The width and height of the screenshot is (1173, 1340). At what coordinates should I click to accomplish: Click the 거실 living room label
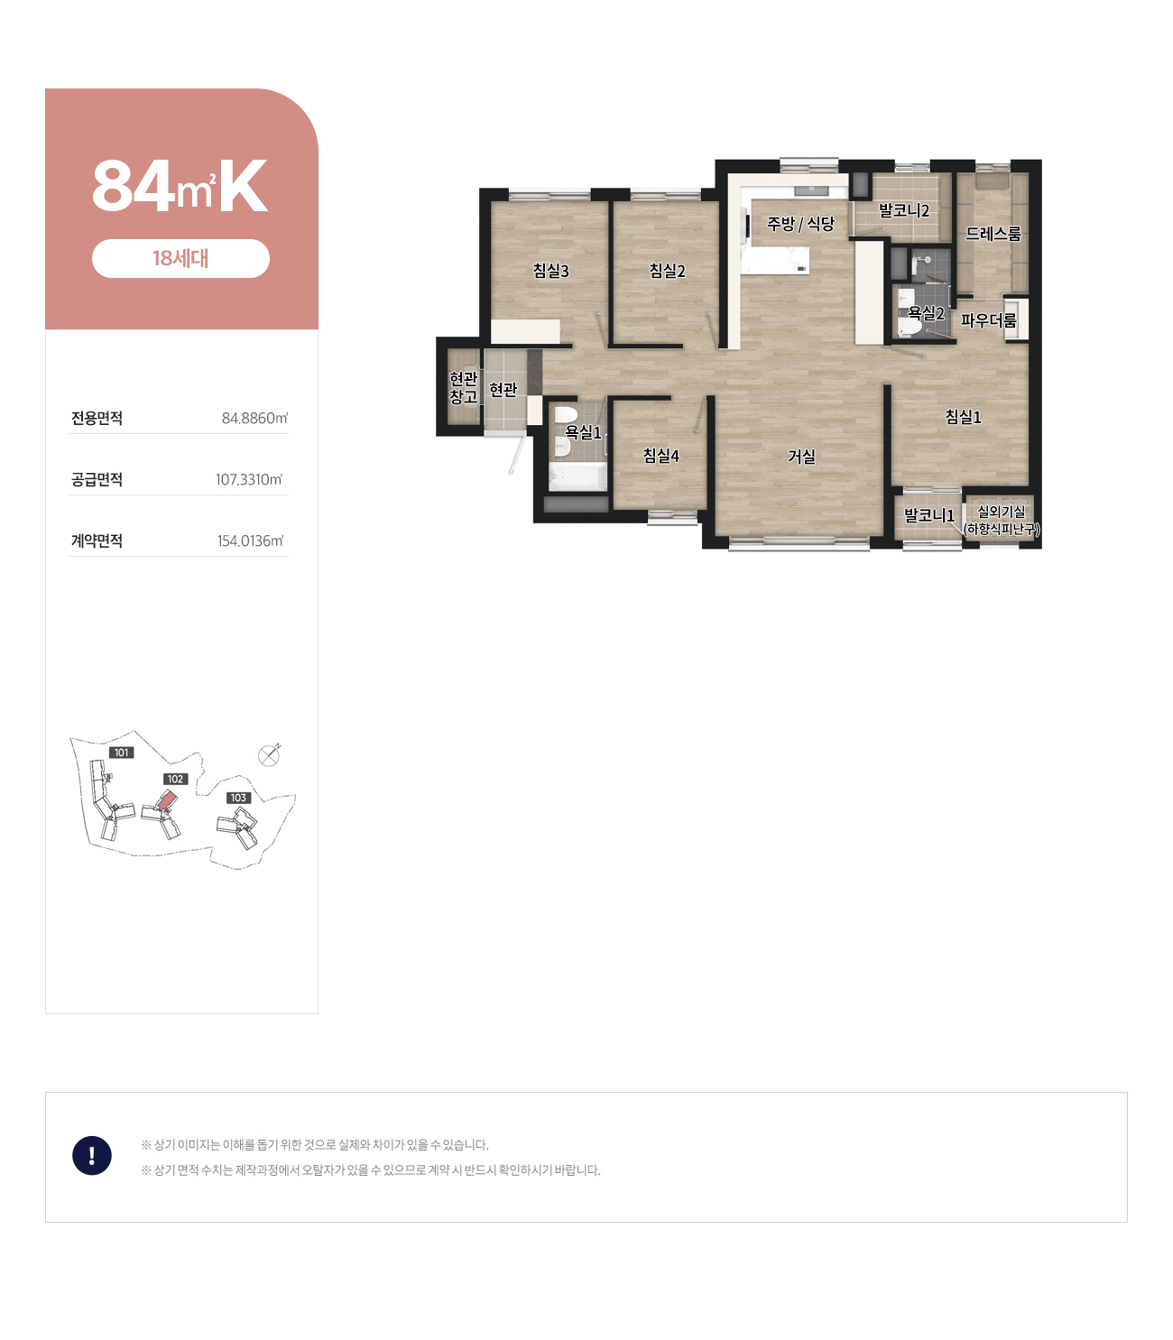pyautogui.click(x=801, y=457)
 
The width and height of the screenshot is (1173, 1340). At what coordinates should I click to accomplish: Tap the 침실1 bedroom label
pyautogui.click(x=963, y=417)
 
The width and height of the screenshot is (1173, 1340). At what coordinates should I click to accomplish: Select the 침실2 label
pyautogui.click(x=667, y=271)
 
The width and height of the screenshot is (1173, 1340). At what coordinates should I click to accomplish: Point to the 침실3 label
pyautogui.click(x=550, y=271)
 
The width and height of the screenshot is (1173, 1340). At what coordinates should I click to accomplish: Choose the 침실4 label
pyautogui.click(x=660, y=455)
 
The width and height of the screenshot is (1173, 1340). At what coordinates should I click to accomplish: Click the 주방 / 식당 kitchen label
pyautogui.click(x=800, y=224)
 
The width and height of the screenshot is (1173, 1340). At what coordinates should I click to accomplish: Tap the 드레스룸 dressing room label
pyautogui.click(x=993, y=233)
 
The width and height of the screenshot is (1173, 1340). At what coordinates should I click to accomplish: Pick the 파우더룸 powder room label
pyautogui.click(x=988, y=320)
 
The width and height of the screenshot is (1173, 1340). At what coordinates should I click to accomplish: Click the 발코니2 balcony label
pyautogui.click(x=904, y=210)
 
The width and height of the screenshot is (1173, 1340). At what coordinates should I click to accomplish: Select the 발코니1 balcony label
pyautogui.click(x=928, y=515)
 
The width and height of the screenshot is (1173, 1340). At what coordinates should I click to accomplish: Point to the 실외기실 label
pyautogui.click(x=1001, y=512)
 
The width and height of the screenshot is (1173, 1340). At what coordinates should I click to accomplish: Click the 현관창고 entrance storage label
pyautogui.click(x=463, y=387)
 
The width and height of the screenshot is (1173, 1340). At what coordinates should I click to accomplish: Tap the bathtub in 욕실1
pyautogui.click(x=577, y=476)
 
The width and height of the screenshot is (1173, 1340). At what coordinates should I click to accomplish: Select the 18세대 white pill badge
pyautogui.click(x=180, y=258)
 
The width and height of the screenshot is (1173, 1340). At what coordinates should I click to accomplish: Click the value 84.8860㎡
pyautogui.click(x=254, y=418)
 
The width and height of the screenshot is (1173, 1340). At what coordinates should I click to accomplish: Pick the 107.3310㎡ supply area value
pyautogui.click(x=249, y=479)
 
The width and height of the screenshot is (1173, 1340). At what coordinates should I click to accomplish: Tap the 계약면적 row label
pyautogui.click(x=97, y=541)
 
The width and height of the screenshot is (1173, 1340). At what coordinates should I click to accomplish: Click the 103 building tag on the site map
pyautogui.click(x=238, y=798)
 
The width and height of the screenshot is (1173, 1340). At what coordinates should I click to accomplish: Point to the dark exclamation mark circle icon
pyautogui.click(x=92, y=1155)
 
